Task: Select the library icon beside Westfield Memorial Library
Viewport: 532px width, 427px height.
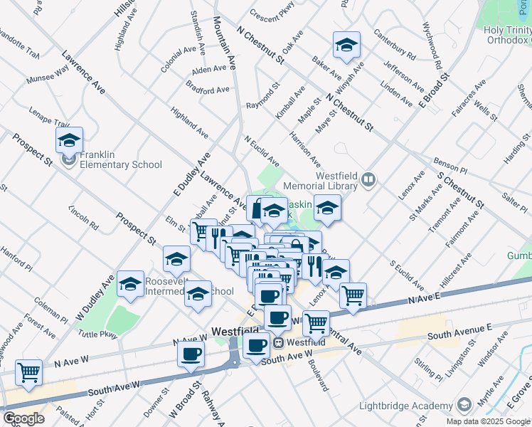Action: click(368, 179)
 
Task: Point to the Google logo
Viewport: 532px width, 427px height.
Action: click(23, 418)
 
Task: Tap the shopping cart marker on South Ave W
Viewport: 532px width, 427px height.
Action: click(28, 371)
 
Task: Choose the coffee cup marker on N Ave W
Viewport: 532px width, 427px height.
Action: click(191, 354)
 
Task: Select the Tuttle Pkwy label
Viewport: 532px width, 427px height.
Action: click(98, 332)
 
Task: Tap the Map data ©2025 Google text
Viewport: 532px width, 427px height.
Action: click(488, 421)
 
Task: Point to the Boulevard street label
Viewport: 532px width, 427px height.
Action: click(318, 374)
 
